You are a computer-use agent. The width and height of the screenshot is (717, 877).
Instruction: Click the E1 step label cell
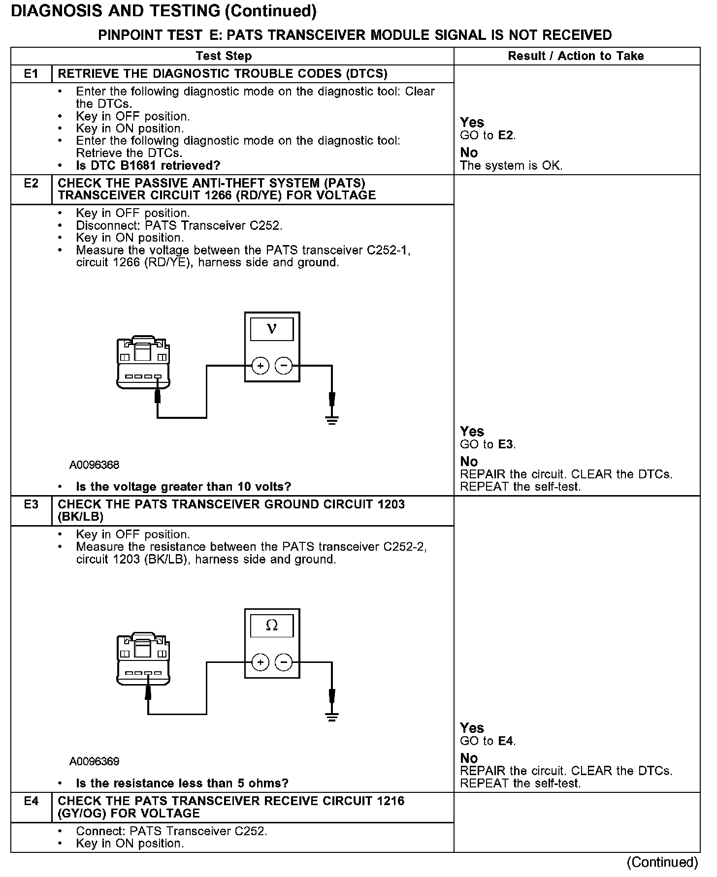[x=31, y=74]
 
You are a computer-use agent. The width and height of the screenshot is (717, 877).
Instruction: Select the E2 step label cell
[x=31, y=184]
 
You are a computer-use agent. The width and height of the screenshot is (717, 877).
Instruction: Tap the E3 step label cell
[x=31, y=504]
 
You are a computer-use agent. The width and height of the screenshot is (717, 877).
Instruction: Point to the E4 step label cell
[x=31, y=801]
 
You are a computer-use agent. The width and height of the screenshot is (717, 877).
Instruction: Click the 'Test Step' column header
[x=224, y=56]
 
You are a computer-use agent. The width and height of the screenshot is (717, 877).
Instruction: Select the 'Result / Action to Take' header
[x=576, y=56]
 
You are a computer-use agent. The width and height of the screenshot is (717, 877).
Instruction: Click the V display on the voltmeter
[x=272, y=329]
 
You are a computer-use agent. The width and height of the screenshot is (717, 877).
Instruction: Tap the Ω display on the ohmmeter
[x=272, y=626]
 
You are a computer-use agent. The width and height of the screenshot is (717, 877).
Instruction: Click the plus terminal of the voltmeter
[x=261, y=366]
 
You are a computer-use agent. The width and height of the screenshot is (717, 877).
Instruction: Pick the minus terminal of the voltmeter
[x=283, y=366]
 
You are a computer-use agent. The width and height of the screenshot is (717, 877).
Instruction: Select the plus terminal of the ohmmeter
[x=261, y=662]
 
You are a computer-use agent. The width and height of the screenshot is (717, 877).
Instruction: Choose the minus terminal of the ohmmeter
[x=283, y=662]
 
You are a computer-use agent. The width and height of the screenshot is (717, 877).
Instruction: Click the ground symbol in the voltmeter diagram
[x=332, y=420]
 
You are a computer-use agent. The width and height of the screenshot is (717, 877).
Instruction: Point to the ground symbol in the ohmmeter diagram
[x=332, y=717]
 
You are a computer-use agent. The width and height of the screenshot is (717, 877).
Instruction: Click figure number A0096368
[x=94, y=465]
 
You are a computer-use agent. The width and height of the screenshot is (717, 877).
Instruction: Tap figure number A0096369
[x=94, y=762]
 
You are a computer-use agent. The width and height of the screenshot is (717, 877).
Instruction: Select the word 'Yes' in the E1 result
[x=472, y=122]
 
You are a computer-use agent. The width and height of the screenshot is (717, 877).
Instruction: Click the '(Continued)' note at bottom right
[x=662, y=863]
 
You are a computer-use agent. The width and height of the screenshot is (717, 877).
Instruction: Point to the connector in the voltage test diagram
[x=143, y=363]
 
